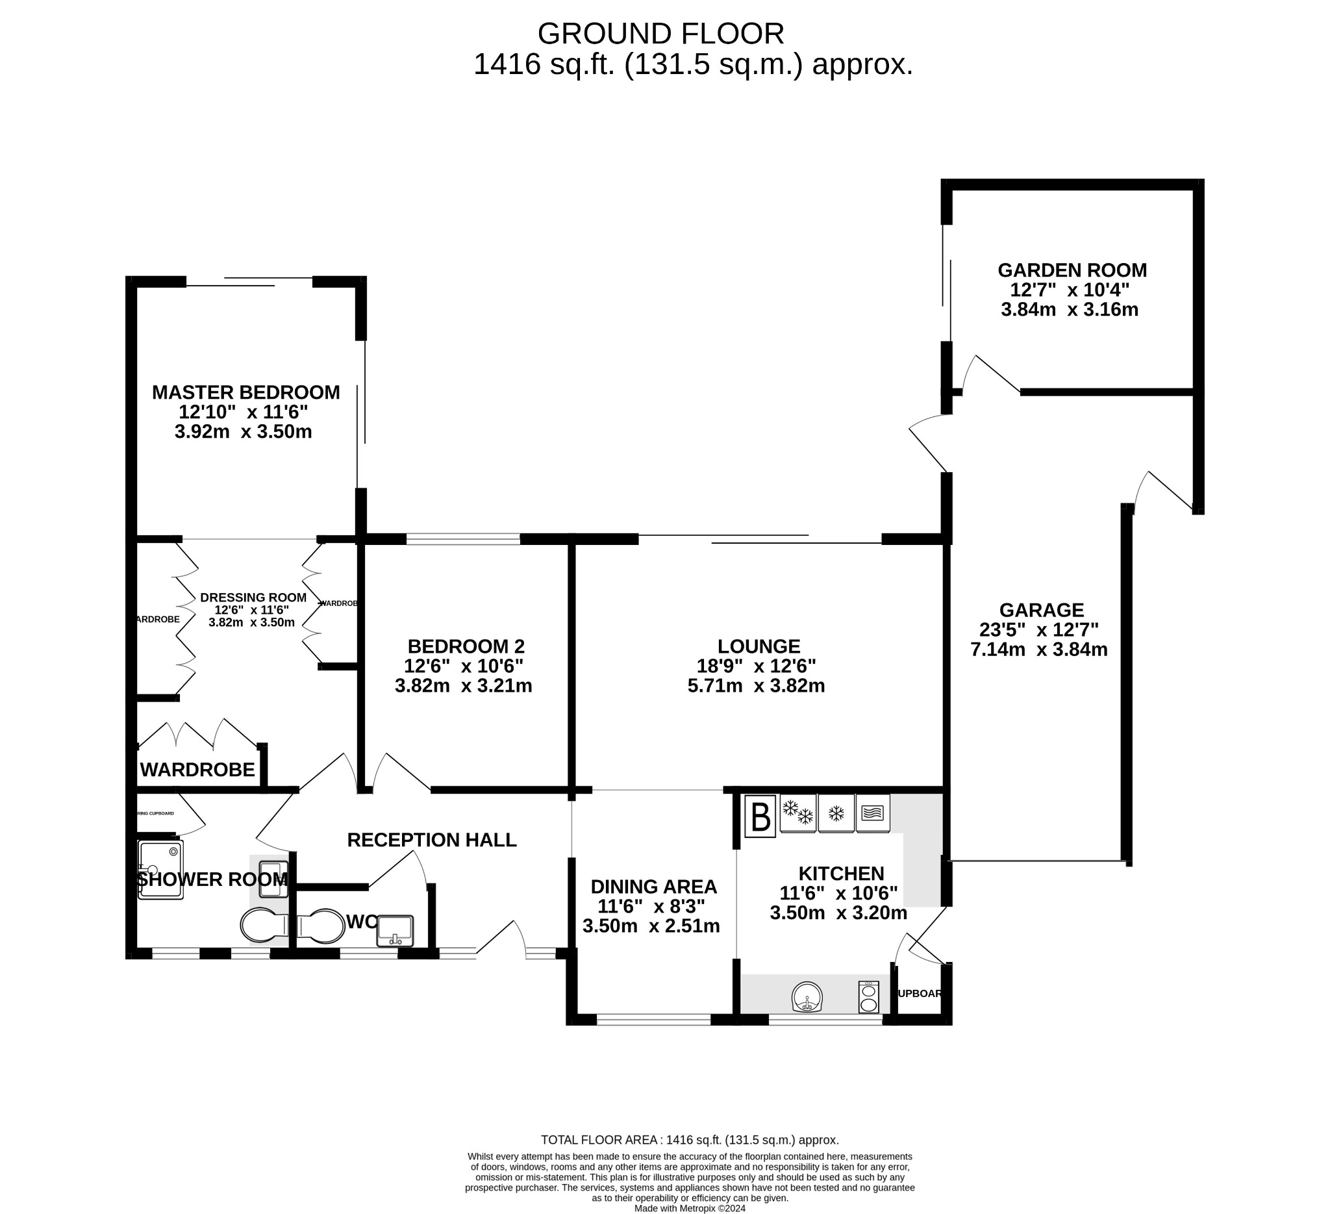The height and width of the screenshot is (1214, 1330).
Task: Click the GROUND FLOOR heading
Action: [660, 34]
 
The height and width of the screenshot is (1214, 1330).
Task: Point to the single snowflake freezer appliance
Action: [836, 813]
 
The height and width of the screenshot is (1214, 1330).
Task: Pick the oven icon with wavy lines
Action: [872, 813]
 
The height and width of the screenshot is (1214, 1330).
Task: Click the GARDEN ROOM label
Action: [1072, 270]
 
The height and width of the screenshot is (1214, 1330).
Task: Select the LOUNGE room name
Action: [759, 646]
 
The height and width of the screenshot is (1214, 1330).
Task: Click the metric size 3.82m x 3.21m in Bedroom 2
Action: [463, 685]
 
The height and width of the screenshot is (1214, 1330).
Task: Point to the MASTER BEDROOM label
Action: [246, 392]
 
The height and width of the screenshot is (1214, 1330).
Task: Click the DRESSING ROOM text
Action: [253, 598]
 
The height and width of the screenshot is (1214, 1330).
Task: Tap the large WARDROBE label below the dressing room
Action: [197, 769]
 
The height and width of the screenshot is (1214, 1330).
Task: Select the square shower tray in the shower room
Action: [160, 870]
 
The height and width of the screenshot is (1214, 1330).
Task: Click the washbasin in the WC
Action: [394, 931]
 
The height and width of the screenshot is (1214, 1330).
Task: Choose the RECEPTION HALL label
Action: [431, 840]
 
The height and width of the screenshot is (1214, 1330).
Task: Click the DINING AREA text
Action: [653, 887]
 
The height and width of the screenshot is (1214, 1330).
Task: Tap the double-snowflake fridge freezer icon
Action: [797, 813]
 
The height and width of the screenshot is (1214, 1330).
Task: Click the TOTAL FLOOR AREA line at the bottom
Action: [690, 1140]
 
